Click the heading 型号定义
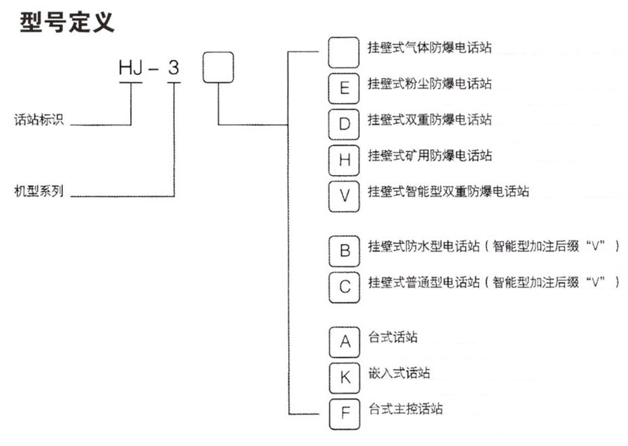point(67,21)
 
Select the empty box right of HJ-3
point(218,67)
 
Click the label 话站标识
point(40,121)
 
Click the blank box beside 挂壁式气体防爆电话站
point(344,51)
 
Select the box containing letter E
point(344,87)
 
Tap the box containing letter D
point(344,123)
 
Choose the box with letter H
point(344,159)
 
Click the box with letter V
point(344,195)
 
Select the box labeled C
point(344,287)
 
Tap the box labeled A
point(344,342)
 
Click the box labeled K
point(344,378)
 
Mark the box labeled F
point(344,414)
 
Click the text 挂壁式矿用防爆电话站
point(430,156)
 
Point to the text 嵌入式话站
point(399,373)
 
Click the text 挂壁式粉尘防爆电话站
point(430,84)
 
